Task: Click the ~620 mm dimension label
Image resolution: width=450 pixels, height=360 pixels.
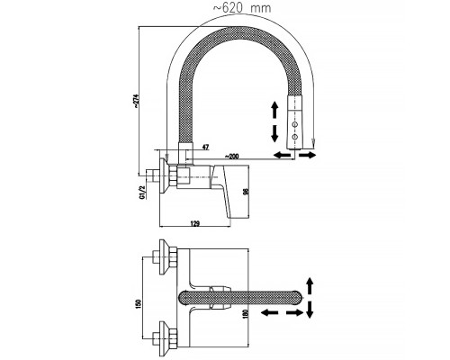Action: click(242, 8)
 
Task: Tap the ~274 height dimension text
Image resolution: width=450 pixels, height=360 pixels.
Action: click(136, 101)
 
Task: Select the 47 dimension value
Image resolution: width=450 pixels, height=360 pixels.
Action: click(205, 148)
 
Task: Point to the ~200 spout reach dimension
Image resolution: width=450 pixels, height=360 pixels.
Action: click(231, 157)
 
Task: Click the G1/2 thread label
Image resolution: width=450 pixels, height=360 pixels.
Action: click(142, 192)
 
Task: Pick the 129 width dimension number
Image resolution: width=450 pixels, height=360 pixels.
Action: click(195, 223)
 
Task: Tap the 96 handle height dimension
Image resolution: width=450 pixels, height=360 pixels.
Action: click(245, 191)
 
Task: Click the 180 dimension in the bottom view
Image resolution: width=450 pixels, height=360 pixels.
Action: click(247, 314)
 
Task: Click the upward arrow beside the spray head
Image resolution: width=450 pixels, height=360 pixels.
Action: click(274, 110)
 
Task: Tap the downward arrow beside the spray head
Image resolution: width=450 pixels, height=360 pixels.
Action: click(274, 133)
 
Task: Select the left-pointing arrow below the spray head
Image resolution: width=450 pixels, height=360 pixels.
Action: click(282, 155)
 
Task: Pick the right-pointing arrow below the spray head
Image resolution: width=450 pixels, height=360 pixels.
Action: click(307, 155)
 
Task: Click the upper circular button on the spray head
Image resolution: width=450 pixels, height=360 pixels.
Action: click(295, 124)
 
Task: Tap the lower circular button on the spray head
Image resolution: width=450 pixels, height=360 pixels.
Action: click(295, 137)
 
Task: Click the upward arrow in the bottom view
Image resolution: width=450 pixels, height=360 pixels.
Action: click(310, 285)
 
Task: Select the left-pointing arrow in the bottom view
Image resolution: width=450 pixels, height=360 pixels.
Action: click(269, 313)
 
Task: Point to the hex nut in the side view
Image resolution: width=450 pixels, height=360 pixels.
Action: click(173, 178)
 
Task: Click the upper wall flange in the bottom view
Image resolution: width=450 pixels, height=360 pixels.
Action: click(163, 257)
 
